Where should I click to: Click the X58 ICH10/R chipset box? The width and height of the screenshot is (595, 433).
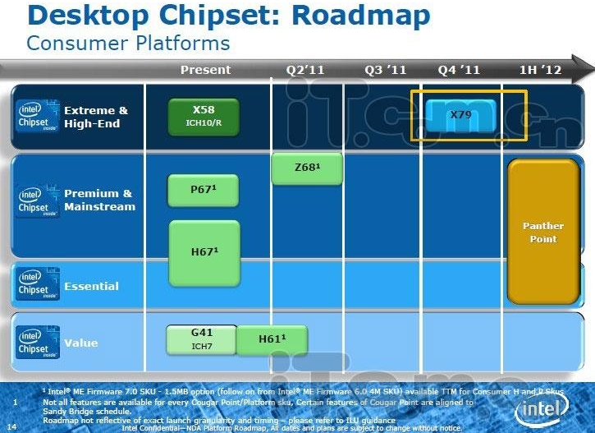click(204, 117)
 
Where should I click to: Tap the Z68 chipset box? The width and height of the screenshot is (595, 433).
click(307, 168)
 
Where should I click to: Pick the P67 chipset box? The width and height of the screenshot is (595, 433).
click(204, 191)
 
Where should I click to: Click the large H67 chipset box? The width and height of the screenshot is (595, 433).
click(204, 252)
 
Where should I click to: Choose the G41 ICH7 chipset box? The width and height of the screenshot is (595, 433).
click(201, 339)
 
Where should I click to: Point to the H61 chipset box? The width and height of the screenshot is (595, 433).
click(272, 339)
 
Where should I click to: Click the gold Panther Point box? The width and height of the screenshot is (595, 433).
click(543, 233)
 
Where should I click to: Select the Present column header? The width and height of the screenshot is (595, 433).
click(205, 70)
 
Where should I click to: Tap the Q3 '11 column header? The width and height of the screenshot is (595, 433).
click(386, 70)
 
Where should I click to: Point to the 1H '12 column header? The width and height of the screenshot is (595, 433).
click(541, 70)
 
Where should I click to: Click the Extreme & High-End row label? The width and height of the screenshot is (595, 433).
click(96, 117)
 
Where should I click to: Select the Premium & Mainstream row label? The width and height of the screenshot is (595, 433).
click(99, 200)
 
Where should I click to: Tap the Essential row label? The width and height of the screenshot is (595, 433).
click(91, 286)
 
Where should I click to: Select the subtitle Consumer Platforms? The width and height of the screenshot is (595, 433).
click(128, 43)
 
